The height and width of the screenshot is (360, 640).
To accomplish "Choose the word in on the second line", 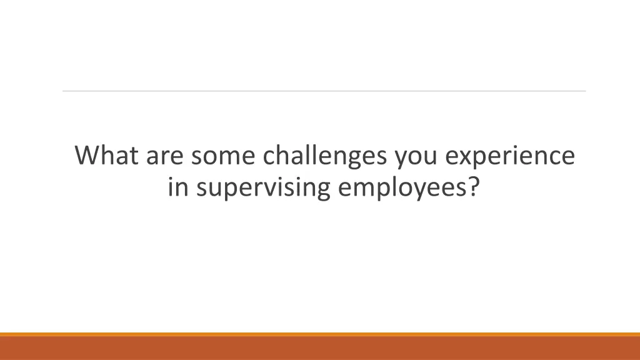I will [177, 187].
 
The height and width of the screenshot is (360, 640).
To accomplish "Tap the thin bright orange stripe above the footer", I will [320, 334].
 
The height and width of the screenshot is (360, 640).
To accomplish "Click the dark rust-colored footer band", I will [320, 349].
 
